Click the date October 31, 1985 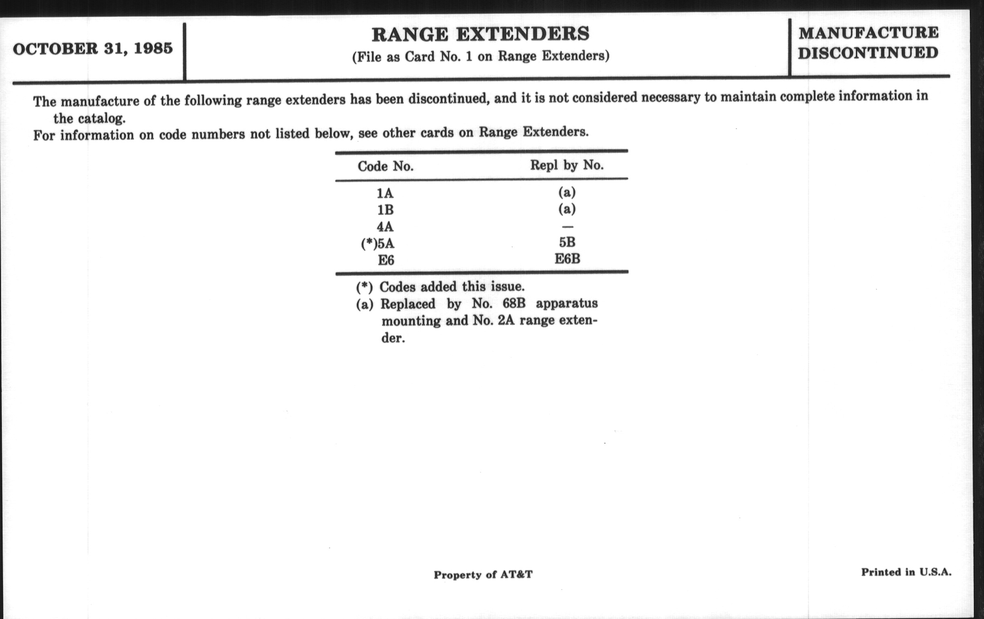click(x=93, y=49)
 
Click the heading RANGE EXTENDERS click(x=481, y=34)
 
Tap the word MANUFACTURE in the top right click(x=868, y=33)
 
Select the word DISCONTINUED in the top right click(x=868, y=53)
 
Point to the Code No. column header click(x=385, y=166)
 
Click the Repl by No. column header click(x=567, y=165)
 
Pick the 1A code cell click(x=385, y=193)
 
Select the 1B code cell click(x=385, y=210)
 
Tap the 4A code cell click(x=385, y=227)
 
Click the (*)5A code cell click(x=378, y=244)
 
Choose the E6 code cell click(x=386, y=260)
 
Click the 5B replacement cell click(x=567, y=242)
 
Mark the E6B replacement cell click(x=567, y=259)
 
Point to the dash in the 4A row click(x=567, y=227)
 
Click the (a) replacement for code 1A click(x=567, y=192)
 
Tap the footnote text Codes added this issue click(x=452, y=287)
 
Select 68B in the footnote click(x=514, y=303)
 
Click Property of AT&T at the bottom click(x=483, y=575)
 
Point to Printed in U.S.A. click(x=906, y=572)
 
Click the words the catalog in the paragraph click(x=89, y=119)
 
